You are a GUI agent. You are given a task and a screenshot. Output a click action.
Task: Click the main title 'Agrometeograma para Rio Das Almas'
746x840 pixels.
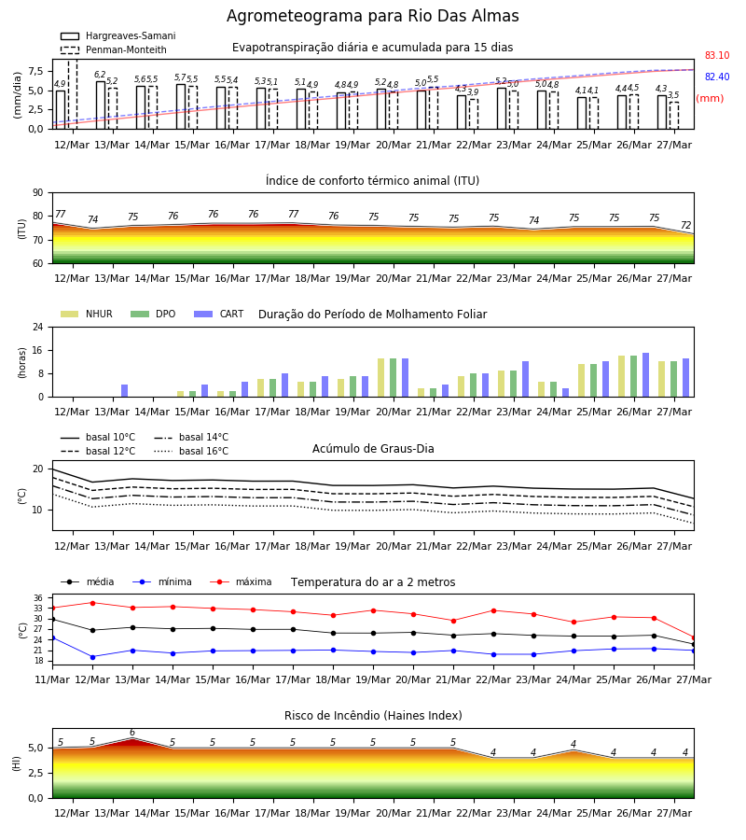tap(372, 16)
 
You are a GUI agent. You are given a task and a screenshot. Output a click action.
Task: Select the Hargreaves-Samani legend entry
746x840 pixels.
tap(117, 35)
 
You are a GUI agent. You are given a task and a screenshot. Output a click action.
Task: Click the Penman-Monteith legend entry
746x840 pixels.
tap(114, 49)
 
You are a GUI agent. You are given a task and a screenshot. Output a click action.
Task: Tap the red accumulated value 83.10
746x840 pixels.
tap(717, 55)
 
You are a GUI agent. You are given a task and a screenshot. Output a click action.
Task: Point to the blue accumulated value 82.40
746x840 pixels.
tap(717, 77)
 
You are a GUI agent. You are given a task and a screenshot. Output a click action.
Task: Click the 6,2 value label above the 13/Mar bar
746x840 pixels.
tap(100, 75)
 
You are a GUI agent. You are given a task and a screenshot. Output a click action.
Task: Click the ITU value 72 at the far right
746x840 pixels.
tap(686, 225)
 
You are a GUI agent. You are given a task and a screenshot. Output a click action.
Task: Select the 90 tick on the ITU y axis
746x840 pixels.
tap(38, 193)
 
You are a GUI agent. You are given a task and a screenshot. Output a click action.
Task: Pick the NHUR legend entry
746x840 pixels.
tap(87, 314)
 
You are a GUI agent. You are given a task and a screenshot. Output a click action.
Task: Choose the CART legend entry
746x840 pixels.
tap(219, 314)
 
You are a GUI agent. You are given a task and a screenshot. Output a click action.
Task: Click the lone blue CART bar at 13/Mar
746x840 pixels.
tap(125, 390)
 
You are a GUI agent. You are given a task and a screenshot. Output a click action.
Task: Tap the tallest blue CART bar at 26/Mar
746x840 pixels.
tap(646, 375)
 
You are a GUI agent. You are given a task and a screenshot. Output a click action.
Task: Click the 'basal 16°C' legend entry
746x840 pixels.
tap(191, 451)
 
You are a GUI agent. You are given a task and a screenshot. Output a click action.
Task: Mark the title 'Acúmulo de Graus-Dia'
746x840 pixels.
tap(373, 448)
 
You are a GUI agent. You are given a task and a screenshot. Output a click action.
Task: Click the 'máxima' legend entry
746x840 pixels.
tap(242, 581)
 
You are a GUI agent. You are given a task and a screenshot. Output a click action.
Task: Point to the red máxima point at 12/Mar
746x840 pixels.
tap(92, 603)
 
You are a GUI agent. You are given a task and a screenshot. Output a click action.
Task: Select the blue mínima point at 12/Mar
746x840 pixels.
tap(92, 657)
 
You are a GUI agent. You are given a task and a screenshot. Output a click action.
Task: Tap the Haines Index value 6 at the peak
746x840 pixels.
tap(132, 733)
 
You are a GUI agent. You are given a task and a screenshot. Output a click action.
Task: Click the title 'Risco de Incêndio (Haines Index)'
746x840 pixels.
tap(373, 716)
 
